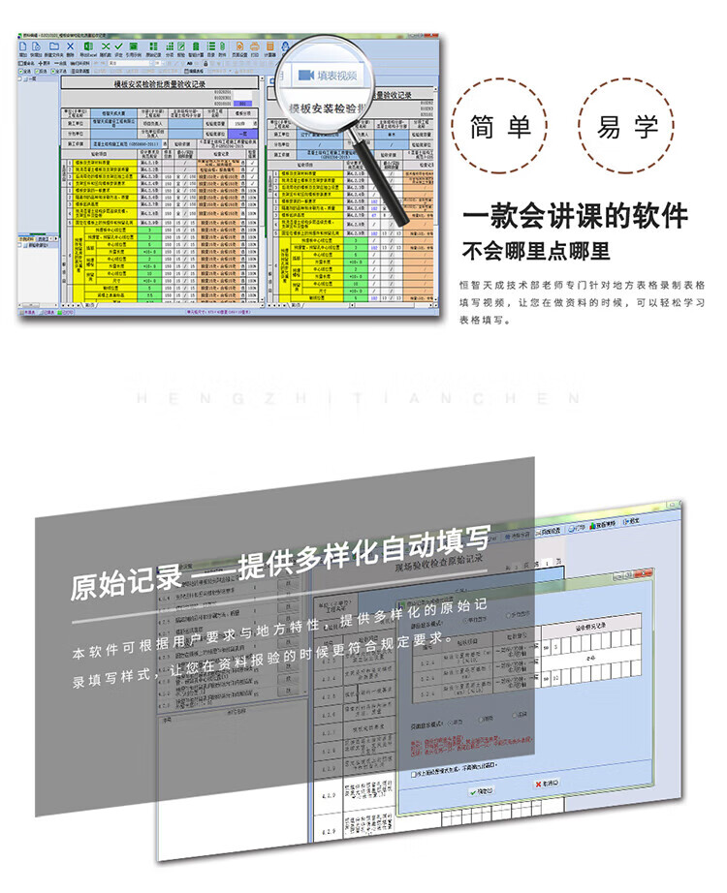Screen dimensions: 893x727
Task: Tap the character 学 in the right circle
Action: tap(647, 127)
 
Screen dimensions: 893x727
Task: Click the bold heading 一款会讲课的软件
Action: tap(575, 215)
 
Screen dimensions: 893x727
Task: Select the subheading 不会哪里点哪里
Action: tap(535, 252)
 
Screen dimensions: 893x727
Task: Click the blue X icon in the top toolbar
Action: tap(70, 46)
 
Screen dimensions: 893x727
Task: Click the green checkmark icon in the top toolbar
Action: tap(118, 46)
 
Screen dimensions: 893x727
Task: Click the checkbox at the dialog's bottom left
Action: tap(415, 773)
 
